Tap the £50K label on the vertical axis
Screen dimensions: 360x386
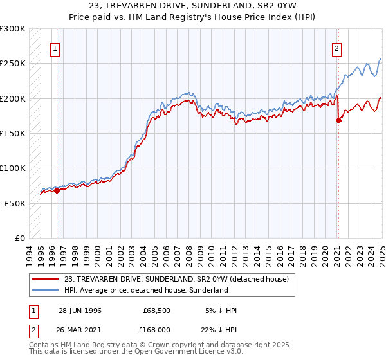point(15,203)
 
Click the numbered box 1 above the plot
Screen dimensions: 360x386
point(56,47)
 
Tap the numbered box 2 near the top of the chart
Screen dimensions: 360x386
point(337,47)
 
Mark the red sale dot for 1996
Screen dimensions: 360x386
point(57,190)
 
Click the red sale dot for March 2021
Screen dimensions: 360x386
point(338,120)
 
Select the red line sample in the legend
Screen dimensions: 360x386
point(44,279)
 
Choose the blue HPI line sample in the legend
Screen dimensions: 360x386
point(44,290)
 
